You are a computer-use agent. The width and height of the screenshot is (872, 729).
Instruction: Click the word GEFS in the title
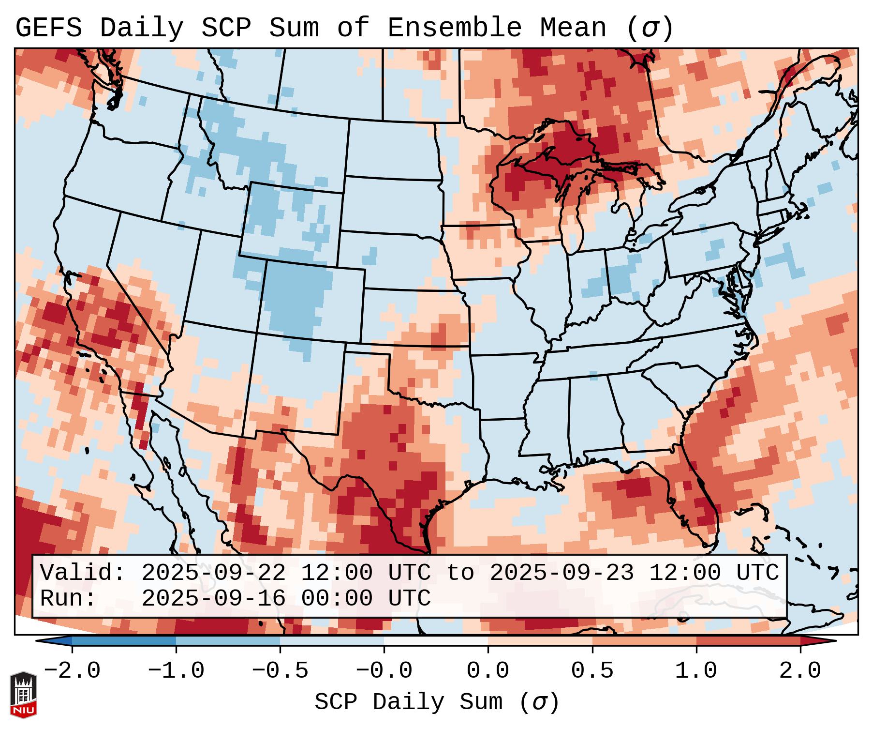[x=48, y=28]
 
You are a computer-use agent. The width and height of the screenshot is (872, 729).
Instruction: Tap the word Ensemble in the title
[x=455, y=28]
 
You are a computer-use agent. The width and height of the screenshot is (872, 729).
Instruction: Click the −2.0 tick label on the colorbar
[x=72, y=671]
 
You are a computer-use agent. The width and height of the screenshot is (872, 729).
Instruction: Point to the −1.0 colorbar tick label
[x=176, y=671]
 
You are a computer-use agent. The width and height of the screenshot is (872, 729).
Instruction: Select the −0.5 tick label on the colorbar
[x=280, y=671]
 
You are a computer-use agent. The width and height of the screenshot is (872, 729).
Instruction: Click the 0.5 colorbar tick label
[x=592, y=671]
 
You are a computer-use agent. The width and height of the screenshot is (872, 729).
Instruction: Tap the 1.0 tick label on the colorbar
[x=696, y=671]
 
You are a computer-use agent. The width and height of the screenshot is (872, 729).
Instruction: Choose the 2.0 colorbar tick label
[x=800, y=671]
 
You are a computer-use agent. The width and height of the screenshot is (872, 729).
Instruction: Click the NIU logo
[x=23, y=695]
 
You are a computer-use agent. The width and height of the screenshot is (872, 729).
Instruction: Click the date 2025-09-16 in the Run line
[x=213, y=598]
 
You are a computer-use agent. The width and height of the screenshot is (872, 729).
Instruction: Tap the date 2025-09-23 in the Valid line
[x=562, y=573]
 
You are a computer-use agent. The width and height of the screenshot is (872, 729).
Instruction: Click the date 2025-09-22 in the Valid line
[x=213, y=573]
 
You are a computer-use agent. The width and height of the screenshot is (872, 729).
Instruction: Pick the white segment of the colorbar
[x=436, y=641]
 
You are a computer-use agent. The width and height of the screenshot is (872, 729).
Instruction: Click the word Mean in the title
[x=573, y=28]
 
